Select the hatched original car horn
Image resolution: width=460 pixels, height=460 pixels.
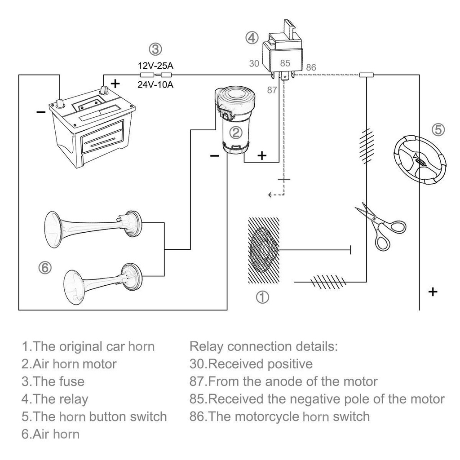click(264, 250)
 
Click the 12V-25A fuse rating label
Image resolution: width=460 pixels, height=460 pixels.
click(155, 66)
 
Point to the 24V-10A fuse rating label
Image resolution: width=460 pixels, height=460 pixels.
click(155, 85)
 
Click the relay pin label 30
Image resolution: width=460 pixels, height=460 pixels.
click(254, 64)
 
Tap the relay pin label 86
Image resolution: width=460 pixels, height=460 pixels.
click(311, 67)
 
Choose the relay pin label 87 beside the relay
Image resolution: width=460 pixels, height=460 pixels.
click(272, 90)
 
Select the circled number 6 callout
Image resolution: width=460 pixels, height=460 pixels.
click(45, 268)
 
